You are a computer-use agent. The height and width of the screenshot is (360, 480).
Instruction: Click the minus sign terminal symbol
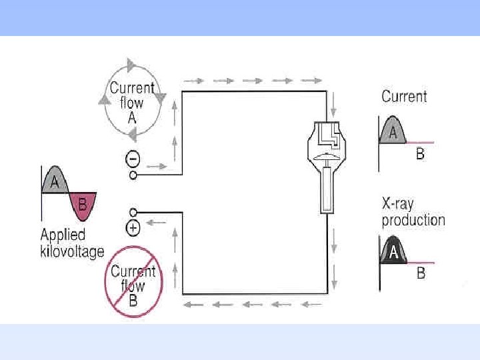[x=133, y=159]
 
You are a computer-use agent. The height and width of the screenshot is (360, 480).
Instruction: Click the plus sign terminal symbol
[x=133, y=228]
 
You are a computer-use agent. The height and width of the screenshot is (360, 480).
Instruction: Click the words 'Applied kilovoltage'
[x=72, y=243]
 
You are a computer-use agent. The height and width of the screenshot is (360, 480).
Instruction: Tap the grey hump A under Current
[x=393, y=131]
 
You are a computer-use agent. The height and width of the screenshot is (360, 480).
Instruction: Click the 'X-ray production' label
[x=413, y=213]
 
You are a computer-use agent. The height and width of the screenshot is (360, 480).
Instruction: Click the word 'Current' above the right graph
[x=404, y=97]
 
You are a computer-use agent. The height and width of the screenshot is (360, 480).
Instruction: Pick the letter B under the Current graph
[x=421, y=155]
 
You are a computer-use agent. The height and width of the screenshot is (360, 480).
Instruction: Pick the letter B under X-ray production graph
[x=421, y=273]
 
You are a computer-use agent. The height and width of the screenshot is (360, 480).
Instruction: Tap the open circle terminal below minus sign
[x=133, y=175]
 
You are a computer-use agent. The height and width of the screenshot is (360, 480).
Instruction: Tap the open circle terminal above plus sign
[x=133, y=213]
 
